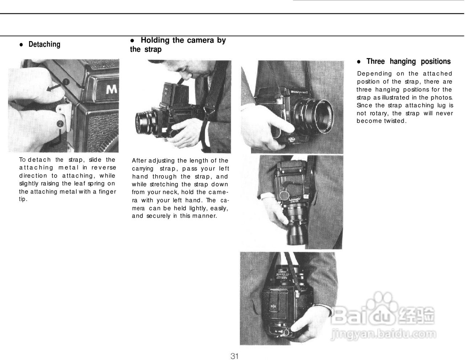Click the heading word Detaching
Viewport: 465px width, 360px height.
click(x=44, y=44)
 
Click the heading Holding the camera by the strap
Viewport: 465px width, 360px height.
click(x=178, y=45)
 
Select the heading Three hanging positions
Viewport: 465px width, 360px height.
click(x=408, y=61)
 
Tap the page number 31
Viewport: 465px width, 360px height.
click(x=235, y=356)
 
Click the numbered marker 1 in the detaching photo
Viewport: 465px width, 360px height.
click(x=66, y=81)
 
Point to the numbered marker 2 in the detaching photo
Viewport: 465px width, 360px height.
click(x=60, y=124)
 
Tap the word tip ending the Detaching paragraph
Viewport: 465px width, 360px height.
click(x=23, y=199)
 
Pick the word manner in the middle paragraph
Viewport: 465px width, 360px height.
click(x=204, y=216)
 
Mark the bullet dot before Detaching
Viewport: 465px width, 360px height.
click(x=21, y=45)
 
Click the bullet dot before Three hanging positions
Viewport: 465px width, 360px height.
click(x=359, y=62)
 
